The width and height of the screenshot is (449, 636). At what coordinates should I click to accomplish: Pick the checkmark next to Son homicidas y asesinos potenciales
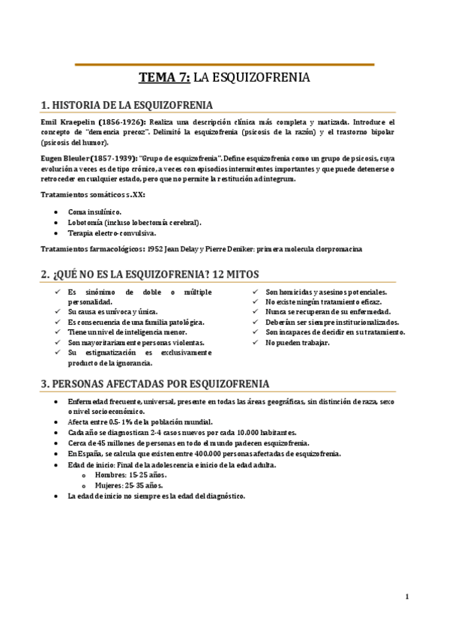point(256,291)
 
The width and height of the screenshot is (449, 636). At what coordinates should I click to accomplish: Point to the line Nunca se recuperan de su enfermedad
point(328,311)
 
